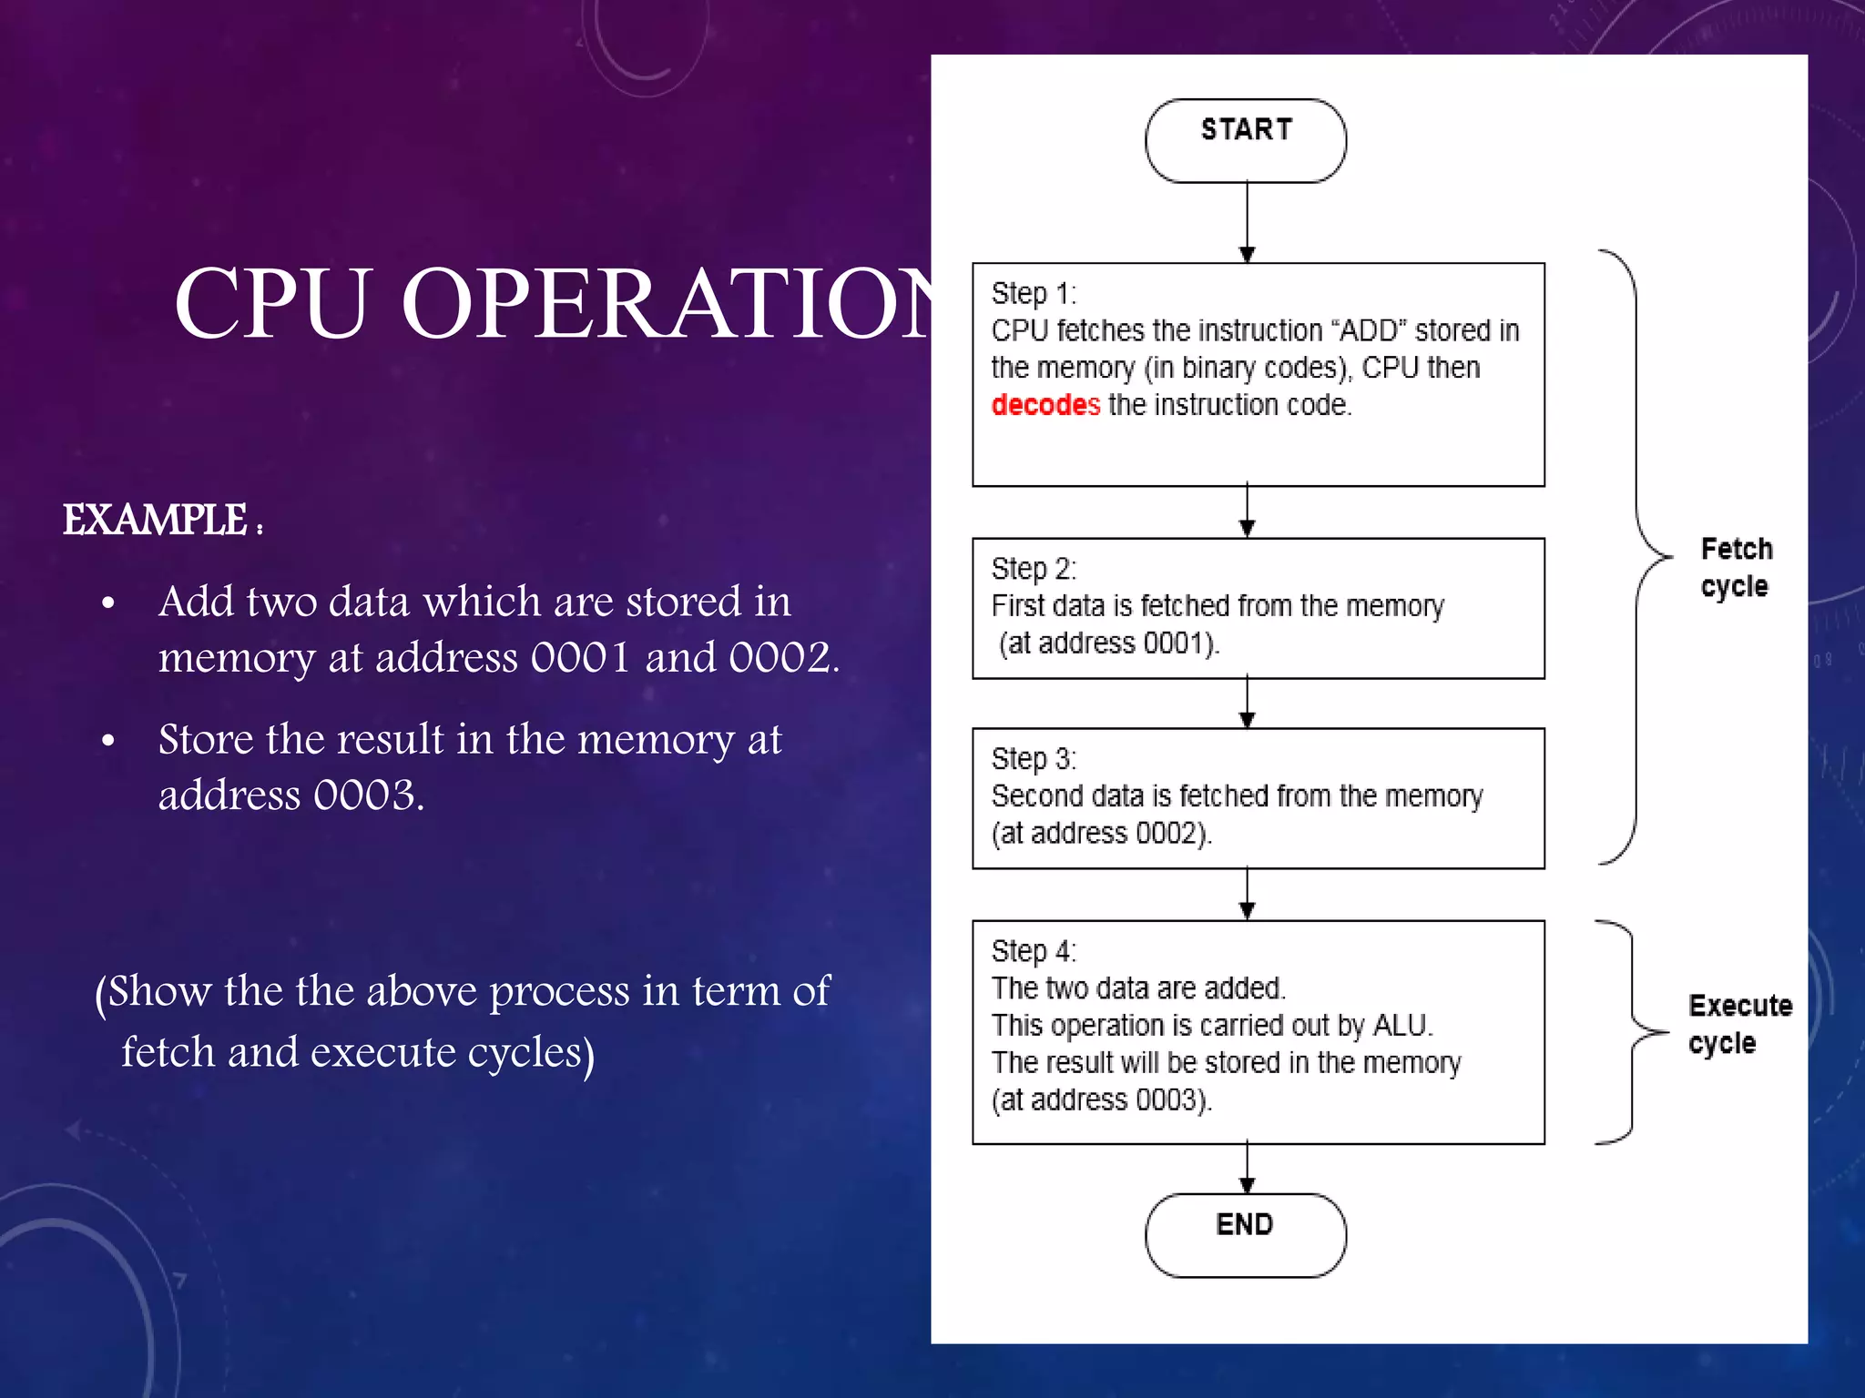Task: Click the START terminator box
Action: (1245, 140)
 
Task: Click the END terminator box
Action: (1245, 1234)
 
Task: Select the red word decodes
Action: (1045, 404)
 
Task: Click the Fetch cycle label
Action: (1736, 567)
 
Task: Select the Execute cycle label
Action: (1739, 1024)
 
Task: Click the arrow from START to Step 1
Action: (1248, 223)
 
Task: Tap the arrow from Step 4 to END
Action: (1248, 1169)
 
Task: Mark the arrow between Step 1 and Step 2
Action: (1248, 512)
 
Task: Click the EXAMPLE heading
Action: (156, 521)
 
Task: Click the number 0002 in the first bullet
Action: (779, 657)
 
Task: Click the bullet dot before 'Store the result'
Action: (108, 741)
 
